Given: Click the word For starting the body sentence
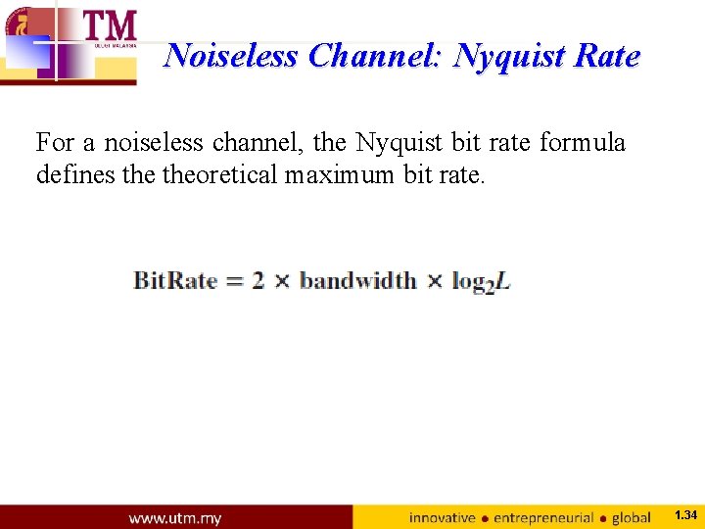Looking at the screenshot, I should (x=56, y=143).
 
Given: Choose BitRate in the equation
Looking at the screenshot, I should (x=175, y=281).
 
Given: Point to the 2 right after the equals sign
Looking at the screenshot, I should (x=258, y=281).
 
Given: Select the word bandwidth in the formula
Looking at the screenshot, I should (x=357, y=281).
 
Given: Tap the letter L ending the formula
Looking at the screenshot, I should (x=502, y=282).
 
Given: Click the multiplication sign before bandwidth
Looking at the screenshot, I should (x=283, y=281).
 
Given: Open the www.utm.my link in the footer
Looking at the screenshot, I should (x=174, y=517).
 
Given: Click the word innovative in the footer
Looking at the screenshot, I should (x=442, y=517).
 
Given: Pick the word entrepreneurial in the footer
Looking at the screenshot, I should (x=543, y=517).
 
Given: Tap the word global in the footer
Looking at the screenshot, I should (x=632, y=517).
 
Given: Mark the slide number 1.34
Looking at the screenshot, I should (x=685, y=515).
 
